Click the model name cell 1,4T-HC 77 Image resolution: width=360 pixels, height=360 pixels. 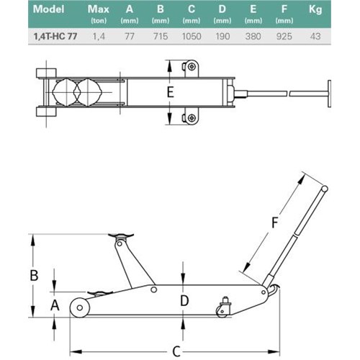55,37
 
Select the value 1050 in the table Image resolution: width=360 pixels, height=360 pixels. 192,37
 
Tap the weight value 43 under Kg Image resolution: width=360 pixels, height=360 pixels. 315,37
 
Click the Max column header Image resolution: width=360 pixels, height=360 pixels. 99,9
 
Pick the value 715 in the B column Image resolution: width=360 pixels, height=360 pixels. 161,37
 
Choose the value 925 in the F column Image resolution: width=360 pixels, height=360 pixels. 284,37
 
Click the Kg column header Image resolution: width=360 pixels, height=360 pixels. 315,10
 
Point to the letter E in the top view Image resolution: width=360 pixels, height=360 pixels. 170,92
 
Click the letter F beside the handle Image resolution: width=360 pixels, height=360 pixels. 274,222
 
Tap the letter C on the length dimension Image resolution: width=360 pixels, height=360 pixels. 176,351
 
